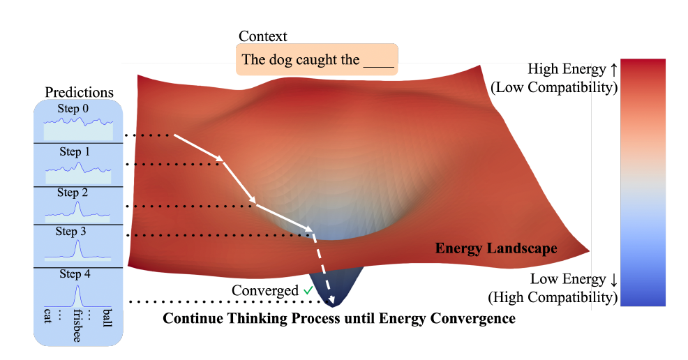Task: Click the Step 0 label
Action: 73,108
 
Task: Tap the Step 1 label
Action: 75,151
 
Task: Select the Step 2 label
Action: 73,193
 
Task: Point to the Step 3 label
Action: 70,231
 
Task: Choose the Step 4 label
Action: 75,274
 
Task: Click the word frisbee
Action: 77,325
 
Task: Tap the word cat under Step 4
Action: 48,316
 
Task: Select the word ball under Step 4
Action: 107,318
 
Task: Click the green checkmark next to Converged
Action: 308,290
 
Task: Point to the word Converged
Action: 265,291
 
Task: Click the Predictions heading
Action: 79,92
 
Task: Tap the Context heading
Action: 263,36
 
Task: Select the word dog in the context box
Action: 281,59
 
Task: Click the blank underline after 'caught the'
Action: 379,66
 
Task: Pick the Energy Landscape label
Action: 496,248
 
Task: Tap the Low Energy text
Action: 568,279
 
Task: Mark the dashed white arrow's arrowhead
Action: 331,300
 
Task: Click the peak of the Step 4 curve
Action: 77,286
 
